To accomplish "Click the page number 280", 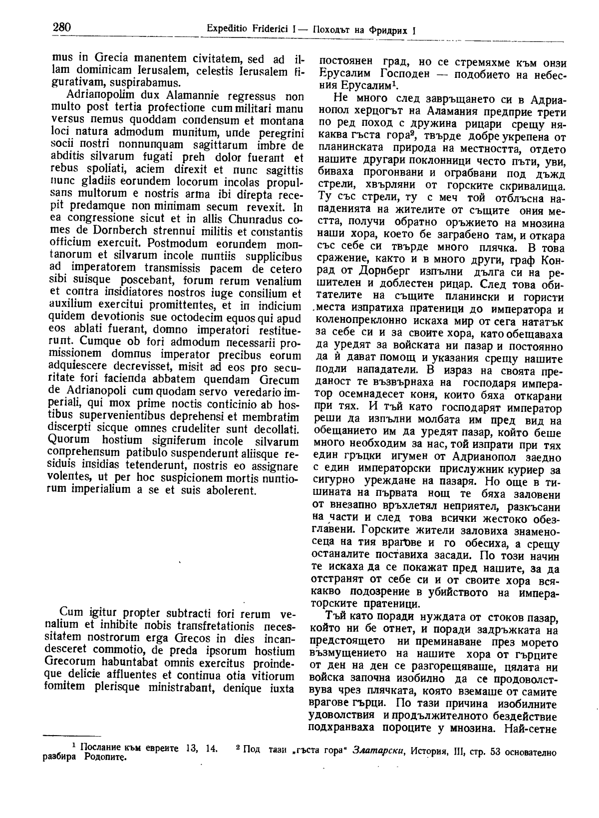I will [62, 28].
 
